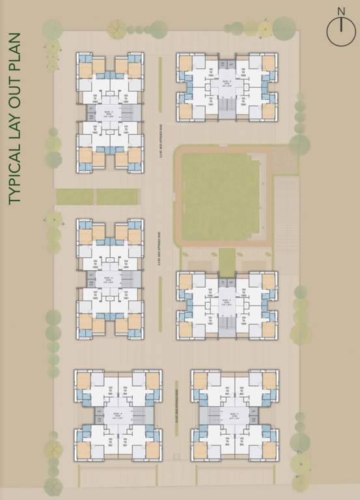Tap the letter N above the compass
point(340,11)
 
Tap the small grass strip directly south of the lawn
point(227,260)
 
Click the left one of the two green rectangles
point(75,196)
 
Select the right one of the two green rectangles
point(118,196)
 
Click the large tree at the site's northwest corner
point(52,30)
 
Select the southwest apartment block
point(118,415)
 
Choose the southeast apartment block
point(236,415)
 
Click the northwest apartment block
point(110,112)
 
